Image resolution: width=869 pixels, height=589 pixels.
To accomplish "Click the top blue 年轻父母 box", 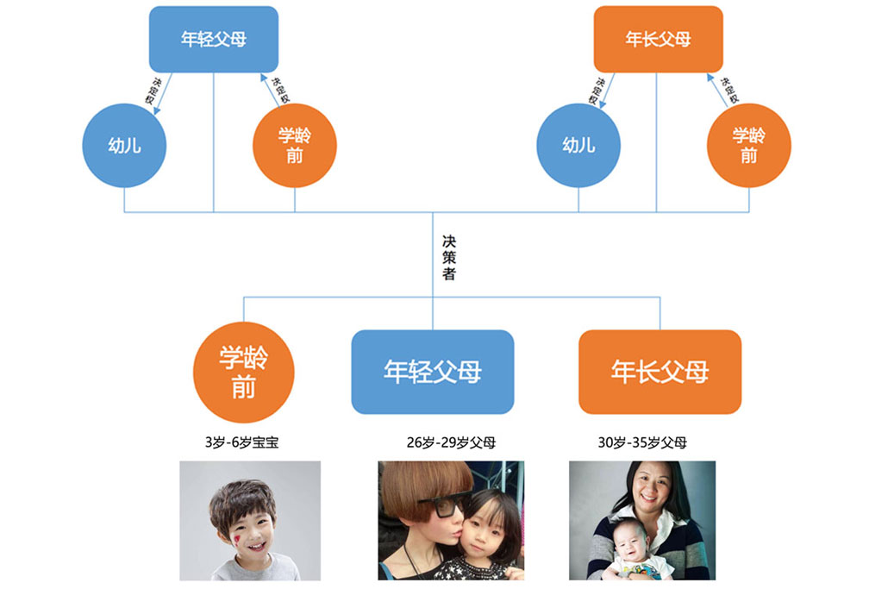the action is pos(214,39).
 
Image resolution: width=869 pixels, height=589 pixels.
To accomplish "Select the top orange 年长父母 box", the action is pos(658,39).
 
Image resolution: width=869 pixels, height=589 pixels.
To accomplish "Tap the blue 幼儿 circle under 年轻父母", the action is pos(124,145).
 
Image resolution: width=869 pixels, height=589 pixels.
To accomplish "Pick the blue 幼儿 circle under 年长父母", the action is pos(578,145).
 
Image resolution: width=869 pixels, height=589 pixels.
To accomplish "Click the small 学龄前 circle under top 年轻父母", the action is pos(294,145).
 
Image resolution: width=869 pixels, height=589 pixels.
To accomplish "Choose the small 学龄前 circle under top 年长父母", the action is pos(748,145).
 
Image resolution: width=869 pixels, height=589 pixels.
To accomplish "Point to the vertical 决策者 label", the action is pos(449,257).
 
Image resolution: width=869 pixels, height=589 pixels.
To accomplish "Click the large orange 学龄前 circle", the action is pos(244,373).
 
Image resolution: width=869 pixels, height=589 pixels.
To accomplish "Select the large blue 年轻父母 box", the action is pos(433,372).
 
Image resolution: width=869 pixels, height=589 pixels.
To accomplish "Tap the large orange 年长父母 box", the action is pos(660,372).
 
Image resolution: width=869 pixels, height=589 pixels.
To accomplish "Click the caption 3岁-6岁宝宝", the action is pos(241,442).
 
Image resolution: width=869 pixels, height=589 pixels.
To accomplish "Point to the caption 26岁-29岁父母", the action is pos(451,442).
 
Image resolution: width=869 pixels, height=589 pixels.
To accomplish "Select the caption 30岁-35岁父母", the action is pos(642,442).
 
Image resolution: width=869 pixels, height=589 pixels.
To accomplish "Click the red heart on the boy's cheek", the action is pos(236,538).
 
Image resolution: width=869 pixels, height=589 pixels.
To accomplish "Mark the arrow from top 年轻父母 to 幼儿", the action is pos(163,94).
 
